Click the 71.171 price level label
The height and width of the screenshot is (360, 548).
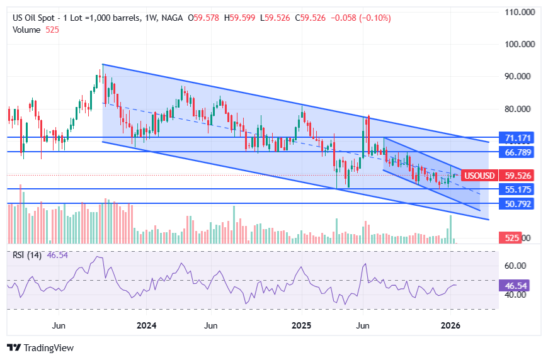tap(520, 137)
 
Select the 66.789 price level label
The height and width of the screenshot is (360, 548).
tap(520, 152)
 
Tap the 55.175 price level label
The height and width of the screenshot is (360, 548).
tap(520, 189)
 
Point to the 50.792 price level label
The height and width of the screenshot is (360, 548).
tap(520, 203)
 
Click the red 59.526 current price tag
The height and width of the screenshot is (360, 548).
tap(520, 175)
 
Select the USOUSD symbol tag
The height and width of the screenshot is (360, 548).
tap(479, 175)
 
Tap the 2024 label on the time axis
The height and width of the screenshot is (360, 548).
tap(146, 325)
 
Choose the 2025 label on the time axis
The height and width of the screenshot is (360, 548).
tap(301, 325)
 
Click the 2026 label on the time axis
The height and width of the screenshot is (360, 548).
tap(450, 325)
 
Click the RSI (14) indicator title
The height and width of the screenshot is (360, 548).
tap(27, 255)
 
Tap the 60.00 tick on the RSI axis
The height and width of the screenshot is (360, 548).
tap(515, 266)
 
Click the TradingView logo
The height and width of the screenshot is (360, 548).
tap(40, 347)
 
